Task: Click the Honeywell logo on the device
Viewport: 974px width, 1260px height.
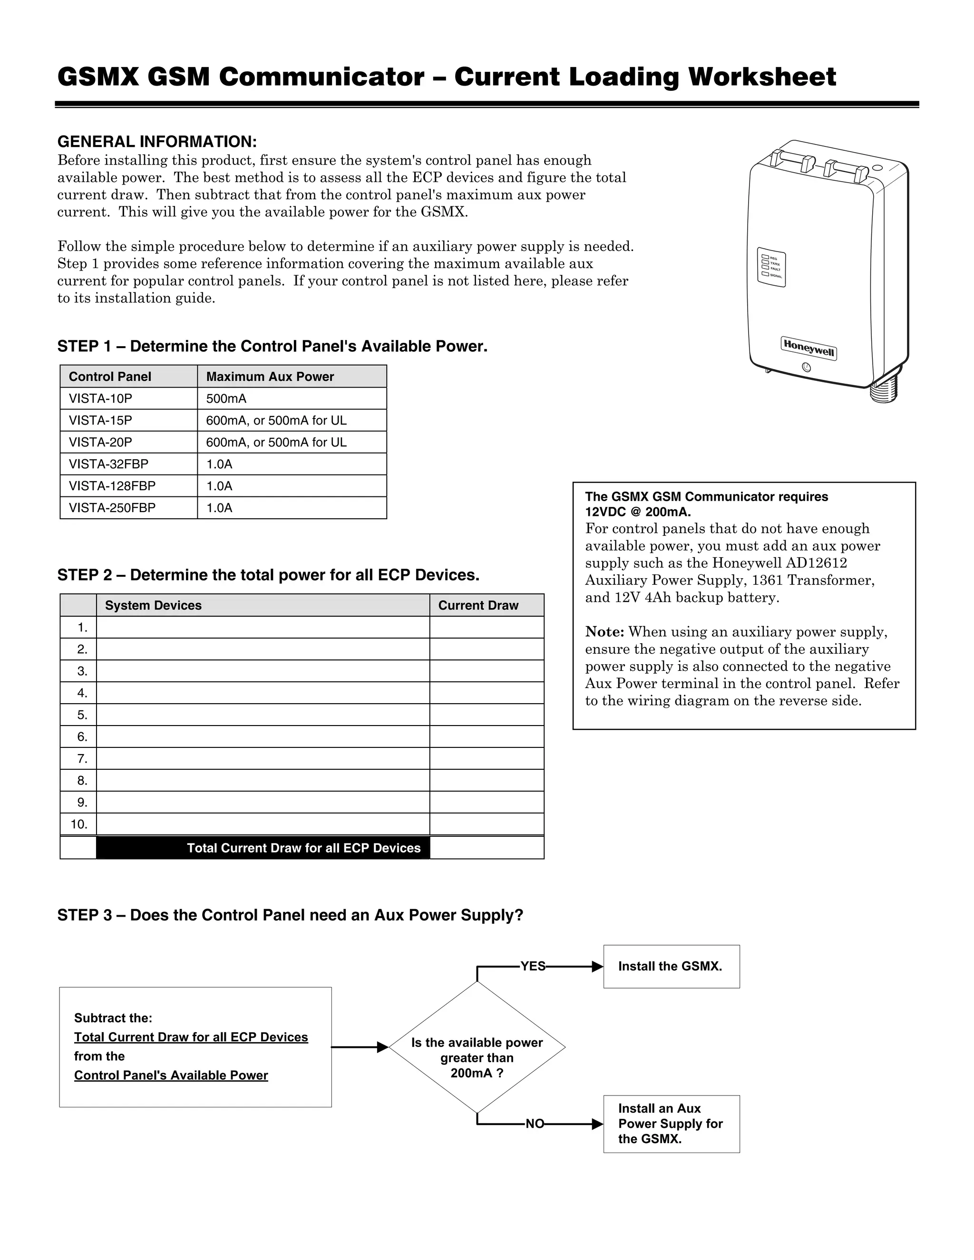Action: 808,348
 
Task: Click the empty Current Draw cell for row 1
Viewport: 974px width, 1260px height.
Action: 486,627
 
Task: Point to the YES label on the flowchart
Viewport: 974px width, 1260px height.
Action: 533,966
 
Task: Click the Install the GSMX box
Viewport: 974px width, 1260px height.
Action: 671,966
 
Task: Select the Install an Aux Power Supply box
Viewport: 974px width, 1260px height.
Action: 671,1124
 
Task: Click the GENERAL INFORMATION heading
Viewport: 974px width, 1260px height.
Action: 157,142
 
